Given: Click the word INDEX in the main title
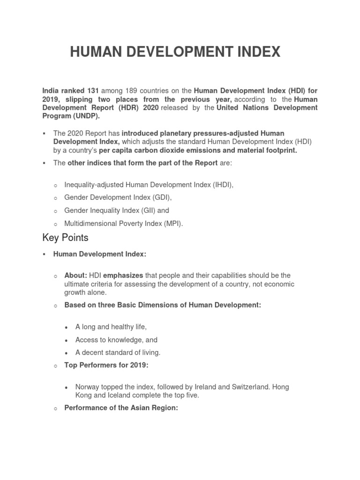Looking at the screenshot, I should pos(255,52).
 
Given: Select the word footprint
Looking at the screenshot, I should pos(278,150).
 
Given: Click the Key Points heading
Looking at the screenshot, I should pos(65,238).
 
